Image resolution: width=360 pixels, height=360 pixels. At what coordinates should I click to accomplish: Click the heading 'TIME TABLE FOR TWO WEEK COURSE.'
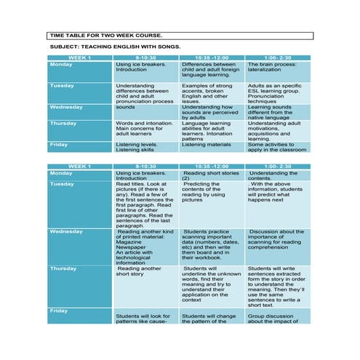pos(105,35)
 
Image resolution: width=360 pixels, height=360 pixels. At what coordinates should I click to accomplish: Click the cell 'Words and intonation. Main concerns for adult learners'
pos(145,130)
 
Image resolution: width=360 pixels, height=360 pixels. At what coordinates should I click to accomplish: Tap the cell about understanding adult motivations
pos(277,131)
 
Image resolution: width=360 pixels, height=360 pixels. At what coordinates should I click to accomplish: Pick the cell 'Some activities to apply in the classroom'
pos(277,147)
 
